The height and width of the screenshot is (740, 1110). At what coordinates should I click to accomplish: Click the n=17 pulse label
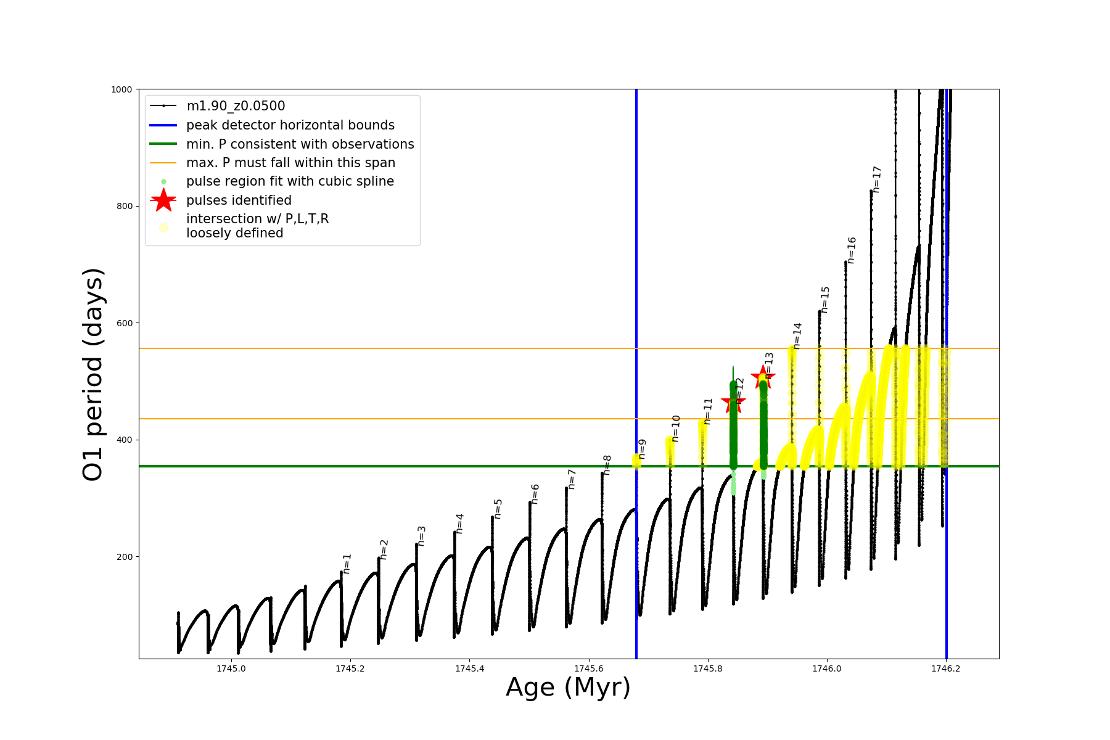pos(877,179)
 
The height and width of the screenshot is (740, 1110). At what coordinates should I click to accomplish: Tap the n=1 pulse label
pos(347,564)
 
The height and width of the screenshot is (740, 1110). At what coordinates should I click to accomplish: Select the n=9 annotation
pos(642,449)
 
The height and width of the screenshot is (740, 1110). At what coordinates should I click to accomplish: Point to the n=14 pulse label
pos(797,335)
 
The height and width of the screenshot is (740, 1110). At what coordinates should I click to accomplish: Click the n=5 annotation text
pos(498,509)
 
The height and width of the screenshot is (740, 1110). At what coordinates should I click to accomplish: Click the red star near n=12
pos(733,402)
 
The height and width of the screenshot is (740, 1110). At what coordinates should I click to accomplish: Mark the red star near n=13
pos(763,376)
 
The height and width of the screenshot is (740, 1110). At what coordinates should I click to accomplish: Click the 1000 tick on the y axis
pos(121,89)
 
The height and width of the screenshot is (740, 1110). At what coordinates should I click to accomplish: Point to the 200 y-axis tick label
pos(125,557)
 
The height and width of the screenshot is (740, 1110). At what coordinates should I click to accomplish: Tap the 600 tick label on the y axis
pos(125,323)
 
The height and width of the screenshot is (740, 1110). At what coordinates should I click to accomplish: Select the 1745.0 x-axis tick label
pos(231,668)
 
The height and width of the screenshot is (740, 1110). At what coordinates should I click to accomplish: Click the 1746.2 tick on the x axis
pos(946,668)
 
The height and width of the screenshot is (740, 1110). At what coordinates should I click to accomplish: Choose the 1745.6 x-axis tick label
pos(589,668)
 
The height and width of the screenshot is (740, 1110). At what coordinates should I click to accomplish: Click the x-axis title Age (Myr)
pos(568,688)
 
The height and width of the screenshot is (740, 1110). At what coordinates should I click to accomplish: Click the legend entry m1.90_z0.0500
pos(236,106)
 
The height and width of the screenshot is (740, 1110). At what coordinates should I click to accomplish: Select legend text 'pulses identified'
pos(239,200)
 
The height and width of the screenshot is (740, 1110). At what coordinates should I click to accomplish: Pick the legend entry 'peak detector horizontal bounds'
pos(290,125)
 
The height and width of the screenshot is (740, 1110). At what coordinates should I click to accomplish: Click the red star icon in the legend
pos(163,200)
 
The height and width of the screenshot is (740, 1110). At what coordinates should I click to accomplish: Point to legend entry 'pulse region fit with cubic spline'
pos(290,181)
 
